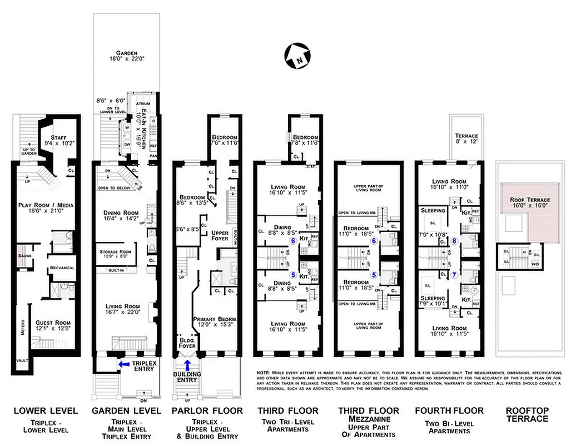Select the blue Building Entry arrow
click(187, 365)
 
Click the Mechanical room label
click(62, 268)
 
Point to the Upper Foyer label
click(220, 235)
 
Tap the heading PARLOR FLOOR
click(207, 411)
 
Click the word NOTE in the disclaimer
click(262, 372)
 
